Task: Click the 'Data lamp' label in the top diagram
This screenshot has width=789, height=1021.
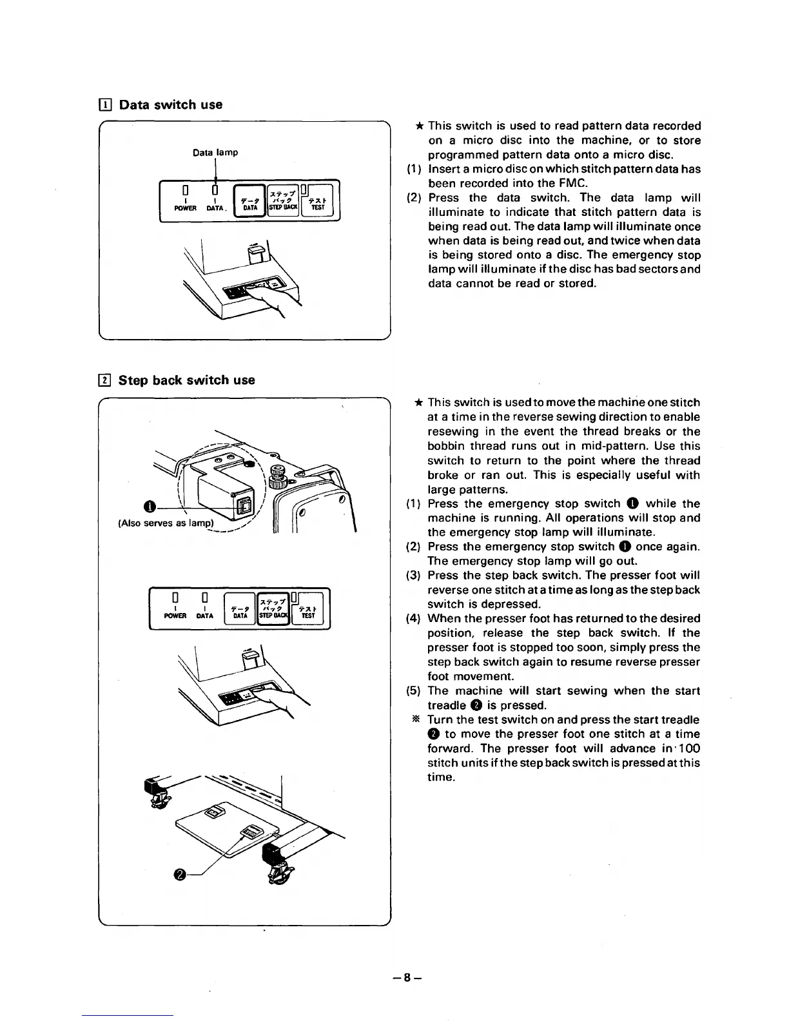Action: click(x=215, y=153)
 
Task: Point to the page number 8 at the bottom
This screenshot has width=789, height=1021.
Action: click(x=407, y=977)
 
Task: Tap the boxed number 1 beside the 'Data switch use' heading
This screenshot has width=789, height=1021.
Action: click(x=106, y=104)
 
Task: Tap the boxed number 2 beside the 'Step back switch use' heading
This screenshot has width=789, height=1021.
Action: click(x=106, y=380)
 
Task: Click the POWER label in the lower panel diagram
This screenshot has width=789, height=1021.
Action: click(x=175, y=616)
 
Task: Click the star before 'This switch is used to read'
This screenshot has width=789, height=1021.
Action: click(x=419, y=126)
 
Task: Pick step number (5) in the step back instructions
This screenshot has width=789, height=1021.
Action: click(x=414, y=691)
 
